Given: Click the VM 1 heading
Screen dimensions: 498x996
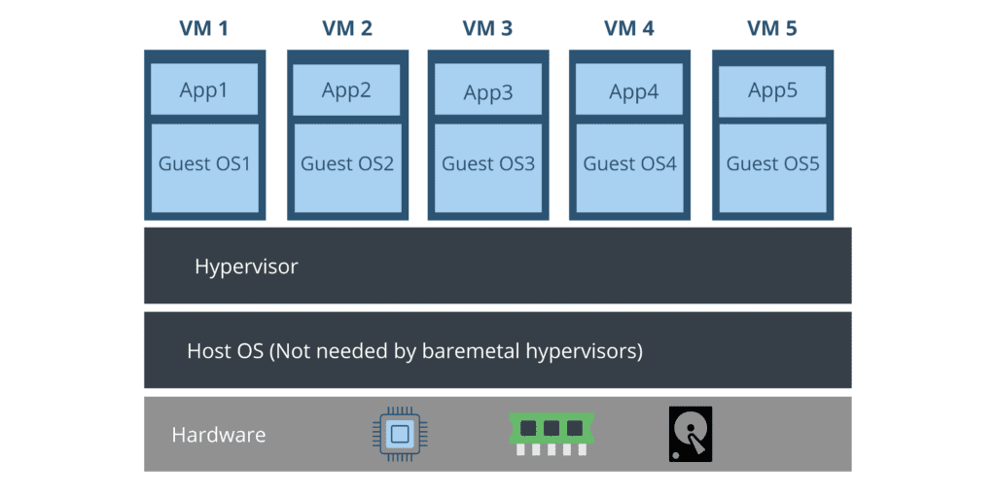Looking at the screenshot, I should (203, 28).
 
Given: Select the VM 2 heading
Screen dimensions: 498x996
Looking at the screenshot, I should (347, 28).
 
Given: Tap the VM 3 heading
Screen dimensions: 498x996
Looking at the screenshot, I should (488, 28).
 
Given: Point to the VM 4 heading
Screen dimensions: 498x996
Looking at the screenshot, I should (629, 28).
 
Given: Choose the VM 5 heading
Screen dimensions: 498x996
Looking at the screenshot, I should (772, 28).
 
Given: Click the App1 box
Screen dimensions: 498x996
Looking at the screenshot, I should (204, 89).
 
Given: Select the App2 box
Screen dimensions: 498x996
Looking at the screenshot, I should (347, 89).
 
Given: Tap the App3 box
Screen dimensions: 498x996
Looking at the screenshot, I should (488, 92).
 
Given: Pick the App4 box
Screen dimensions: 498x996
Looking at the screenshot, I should (633, 92).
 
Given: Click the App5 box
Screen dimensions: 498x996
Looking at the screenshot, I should (773, 89).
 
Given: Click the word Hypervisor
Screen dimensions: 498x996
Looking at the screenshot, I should (246, 267).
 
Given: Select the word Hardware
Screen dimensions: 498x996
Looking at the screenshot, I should (218, 435).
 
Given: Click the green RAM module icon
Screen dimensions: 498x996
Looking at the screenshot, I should (551, 433).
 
